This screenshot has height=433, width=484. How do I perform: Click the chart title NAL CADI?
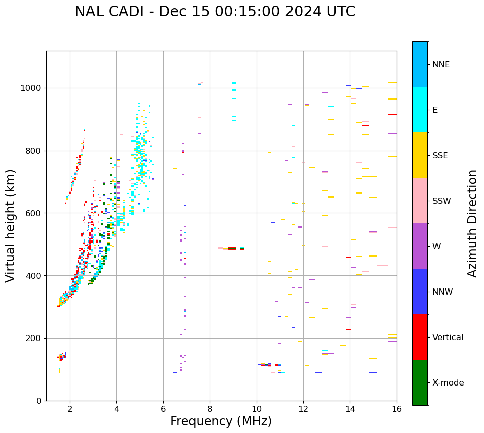click(215, 12)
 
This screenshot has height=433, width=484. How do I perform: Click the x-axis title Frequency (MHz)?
click(221, 421)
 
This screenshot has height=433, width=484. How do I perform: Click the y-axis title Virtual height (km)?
click(11, 226)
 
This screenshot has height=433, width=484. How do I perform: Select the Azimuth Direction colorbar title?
click(472, 223)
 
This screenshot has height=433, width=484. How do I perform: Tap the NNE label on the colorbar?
click(441, 65)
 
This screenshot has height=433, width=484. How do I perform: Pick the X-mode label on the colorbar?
click(448, 383)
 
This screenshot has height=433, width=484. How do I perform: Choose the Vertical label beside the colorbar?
click(448, 338)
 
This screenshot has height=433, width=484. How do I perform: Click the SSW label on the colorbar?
click(442, 201)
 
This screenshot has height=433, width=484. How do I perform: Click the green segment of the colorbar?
click(420, 382)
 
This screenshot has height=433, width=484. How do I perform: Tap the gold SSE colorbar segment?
click(420, 155)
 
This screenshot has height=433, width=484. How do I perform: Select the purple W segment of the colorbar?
click(420, 246)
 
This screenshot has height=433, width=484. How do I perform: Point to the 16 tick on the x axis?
click(397, 409)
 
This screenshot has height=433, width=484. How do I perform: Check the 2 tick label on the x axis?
click(70, 409)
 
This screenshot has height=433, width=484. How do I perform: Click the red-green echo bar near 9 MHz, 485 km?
click(232, 249)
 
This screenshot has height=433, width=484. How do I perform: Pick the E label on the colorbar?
click(435, 110)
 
